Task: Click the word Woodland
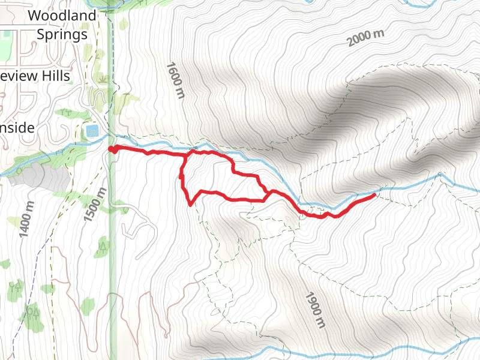62,15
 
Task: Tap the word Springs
62,34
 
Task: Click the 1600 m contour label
176,80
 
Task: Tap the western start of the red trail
112,149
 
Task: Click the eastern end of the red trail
375,194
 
